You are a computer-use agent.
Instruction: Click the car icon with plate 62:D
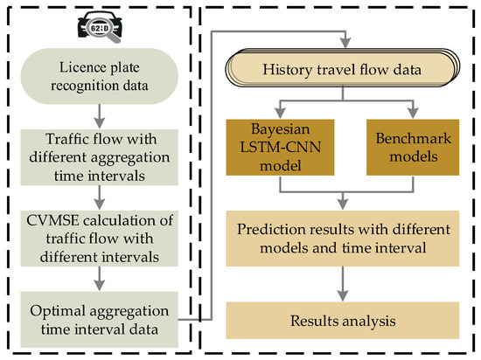pyautogui.click(x=100, y=24)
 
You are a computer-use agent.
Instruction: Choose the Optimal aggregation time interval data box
pyautogui.click(x=100, y=317)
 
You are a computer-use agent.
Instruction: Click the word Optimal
pyautogui.click(x=54, y=308)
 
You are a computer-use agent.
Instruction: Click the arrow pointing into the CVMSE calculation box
pyautogui.click(x=100, y=198)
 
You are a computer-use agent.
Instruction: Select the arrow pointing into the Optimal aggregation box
pyautogui.click(x=100, y=279)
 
